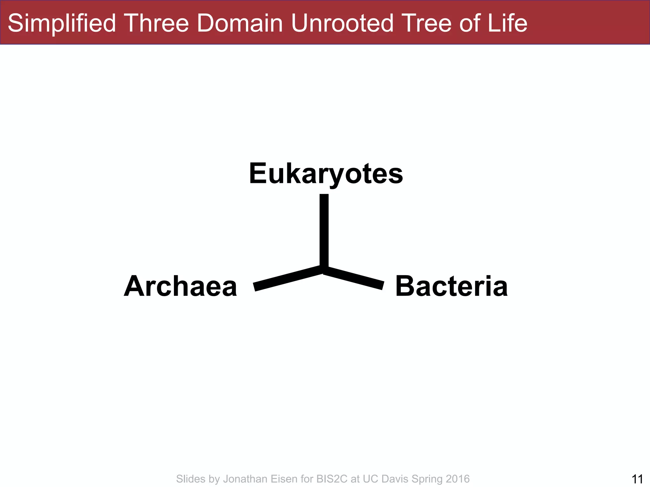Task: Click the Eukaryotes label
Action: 326,173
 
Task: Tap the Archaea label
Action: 181,286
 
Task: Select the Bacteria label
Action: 451,286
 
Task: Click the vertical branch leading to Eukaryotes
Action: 324,230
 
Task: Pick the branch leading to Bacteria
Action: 354,278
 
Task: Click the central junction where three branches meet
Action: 324,269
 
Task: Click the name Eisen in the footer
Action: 284,479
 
